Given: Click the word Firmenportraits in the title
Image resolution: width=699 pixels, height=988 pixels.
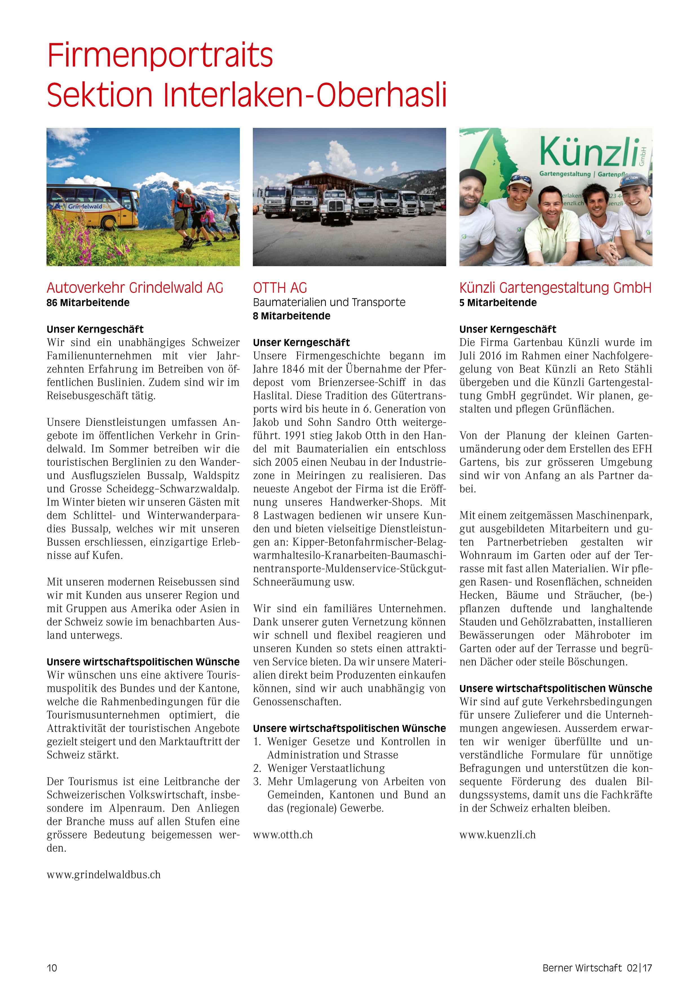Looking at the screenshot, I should (x=160, y=55).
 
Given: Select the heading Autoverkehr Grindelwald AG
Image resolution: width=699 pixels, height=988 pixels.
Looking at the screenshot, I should (x=135, y=288).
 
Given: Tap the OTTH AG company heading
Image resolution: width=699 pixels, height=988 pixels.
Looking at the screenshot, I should (x=280, y=288).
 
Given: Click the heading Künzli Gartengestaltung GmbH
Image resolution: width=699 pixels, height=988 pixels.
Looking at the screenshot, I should (x=555, y=288).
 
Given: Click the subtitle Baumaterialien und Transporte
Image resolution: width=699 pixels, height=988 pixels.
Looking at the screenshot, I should (x=329, y=302).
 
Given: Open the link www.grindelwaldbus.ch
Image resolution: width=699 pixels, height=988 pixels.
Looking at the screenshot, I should (x=103, y=875).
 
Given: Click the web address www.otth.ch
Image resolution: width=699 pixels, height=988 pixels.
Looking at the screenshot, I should (x=282, y=835).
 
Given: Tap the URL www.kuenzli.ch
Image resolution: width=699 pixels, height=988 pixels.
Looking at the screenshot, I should (x=497, y=835).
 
